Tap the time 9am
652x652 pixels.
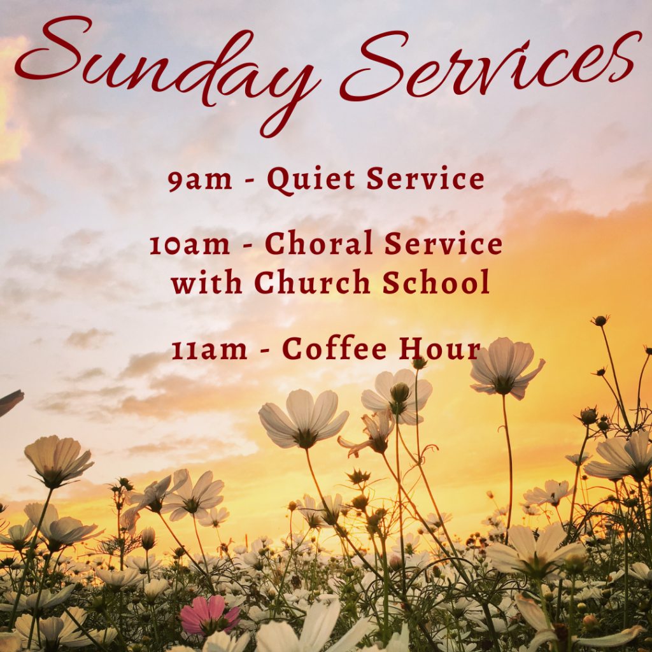coord(200,180)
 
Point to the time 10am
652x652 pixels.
coord(190,244)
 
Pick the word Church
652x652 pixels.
coord(312,281)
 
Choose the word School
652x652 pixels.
coord(436,281)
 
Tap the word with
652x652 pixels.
coord(207,281)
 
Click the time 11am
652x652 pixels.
coord(209,350)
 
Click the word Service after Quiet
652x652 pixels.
coord(425,179)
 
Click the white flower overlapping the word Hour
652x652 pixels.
coord(507,368)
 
